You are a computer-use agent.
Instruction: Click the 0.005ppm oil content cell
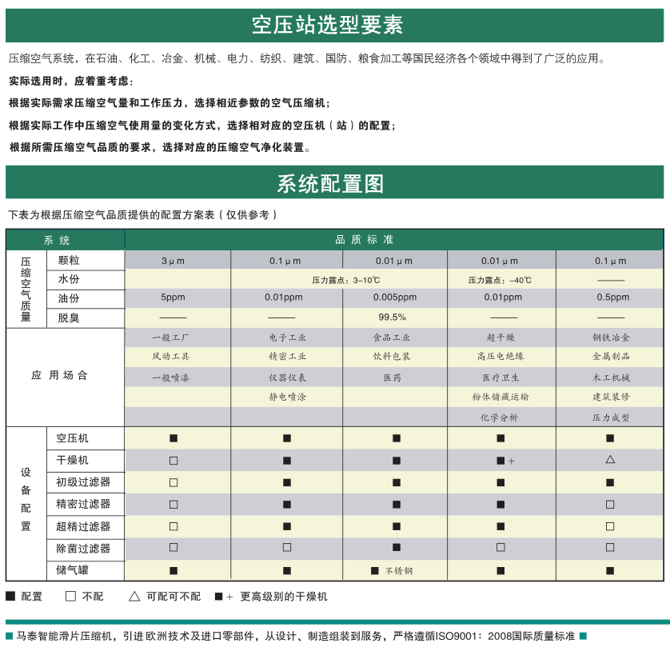tap(394, 298)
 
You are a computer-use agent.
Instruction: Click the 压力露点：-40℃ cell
tap(500, 280)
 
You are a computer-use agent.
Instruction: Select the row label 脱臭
tap(69, 318)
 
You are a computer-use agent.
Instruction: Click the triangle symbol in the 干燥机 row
tap(610, 460)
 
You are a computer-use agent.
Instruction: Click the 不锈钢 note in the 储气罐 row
tap(399, 571)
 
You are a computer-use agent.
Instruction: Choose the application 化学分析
tap(499, 417)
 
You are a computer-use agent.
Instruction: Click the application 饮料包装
tap(395, 357)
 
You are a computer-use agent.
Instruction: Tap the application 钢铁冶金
tap(611, 337)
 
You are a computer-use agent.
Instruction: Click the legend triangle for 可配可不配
tap(134, 597)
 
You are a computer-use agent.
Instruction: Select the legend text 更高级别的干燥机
tap(284, 597)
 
